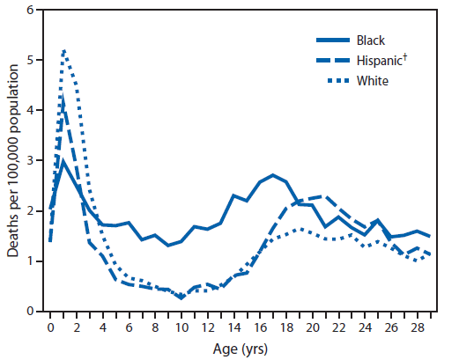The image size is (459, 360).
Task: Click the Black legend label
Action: [x=371, y=40]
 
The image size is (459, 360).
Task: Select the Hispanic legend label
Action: [x=378, y=61]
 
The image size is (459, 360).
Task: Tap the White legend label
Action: [x=372, y=81]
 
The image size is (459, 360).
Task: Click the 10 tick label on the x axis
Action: [x=181, y=327]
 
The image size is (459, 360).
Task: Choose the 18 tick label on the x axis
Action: [x=286, y=327]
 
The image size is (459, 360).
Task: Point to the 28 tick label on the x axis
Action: [x=418, y=327]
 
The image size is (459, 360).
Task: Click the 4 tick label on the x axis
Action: [x=102, y=327]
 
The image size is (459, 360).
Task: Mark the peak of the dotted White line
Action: [x=63, y=50]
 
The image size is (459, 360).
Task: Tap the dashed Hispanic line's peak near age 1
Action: [x=63, y=97]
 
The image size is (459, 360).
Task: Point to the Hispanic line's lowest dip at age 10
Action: [x=181, y=298]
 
